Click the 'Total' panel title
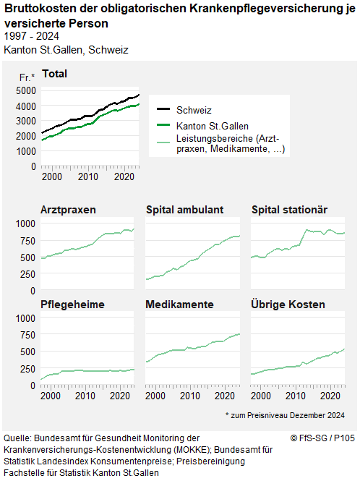click(55, 74)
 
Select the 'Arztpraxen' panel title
click(69, 210)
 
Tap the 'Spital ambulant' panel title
click(184, 210)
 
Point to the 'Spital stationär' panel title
click(289, 210)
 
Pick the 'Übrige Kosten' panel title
click(288, 304)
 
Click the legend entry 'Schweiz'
click(194, 110)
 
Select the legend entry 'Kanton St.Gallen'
click(214, 126)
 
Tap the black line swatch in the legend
click(163, 110)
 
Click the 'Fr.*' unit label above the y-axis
click(26, 77)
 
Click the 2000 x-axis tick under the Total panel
click(51, 176)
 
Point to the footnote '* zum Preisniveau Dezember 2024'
click(285, 415)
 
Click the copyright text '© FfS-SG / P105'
click(322, 438)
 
